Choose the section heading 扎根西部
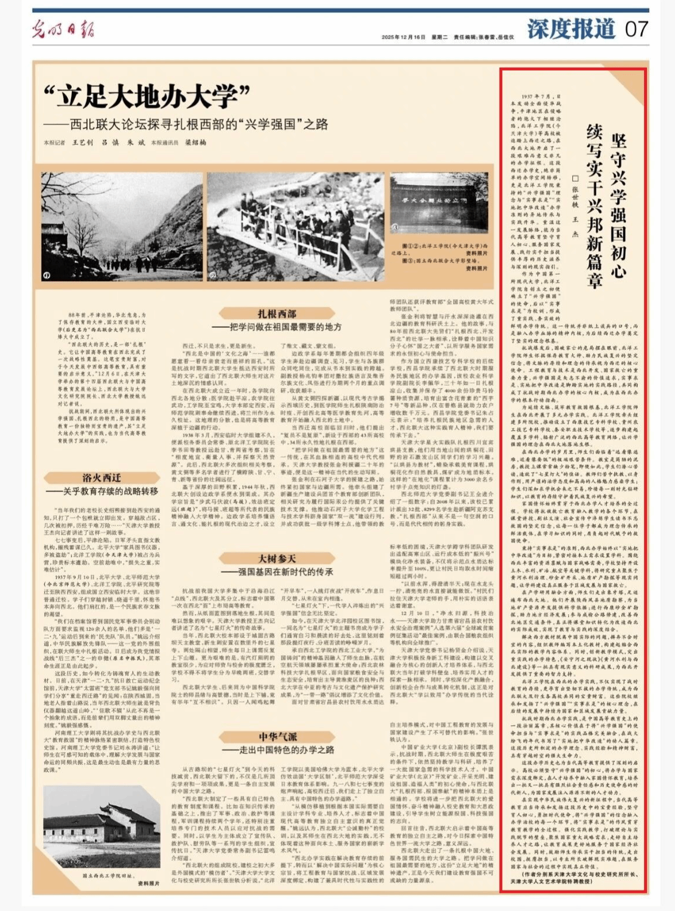(x=277, y=314)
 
